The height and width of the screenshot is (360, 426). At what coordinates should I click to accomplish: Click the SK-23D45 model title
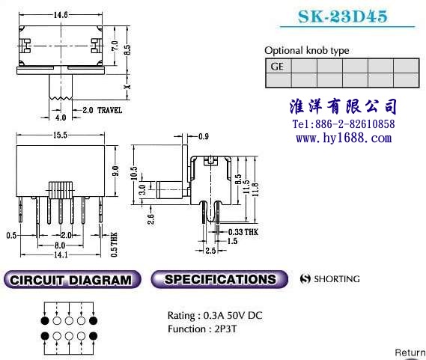coord(342,16)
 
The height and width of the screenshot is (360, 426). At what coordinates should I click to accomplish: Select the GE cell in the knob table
coord(279,66)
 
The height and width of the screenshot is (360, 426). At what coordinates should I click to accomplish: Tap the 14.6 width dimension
coord(61,15)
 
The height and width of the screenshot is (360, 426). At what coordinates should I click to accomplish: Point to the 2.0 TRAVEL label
coord(102,110)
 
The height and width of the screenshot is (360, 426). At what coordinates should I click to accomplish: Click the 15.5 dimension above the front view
coord(60,135)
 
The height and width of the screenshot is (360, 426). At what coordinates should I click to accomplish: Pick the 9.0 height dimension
coord(116,171)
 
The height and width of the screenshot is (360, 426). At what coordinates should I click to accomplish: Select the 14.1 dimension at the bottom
coord(61,254)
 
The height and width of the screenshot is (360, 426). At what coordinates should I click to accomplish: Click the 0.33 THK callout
coord(243,232)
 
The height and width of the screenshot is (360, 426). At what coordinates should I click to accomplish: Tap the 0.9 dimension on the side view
coord(204,136)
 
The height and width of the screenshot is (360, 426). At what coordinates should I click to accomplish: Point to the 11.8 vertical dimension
coord(255,189)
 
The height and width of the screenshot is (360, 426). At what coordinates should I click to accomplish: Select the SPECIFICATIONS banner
coord(219,279)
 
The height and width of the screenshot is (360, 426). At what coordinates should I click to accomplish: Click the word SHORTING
coord(337,279)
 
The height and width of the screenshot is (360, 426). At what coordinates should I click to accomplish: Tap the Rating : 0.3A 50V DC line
coord(215,315)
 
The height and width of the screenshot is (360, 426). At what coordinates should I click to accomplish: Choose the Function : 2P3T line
coord(202,329)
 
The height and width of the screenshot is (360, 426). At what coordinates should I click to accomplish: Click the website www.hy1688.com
coord(344,138)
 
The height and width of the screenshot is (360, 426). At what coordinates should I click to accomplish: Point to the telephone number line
coord(344,124)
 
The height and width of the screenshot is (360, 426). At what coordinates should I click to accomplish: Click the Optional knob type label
coord(307,51)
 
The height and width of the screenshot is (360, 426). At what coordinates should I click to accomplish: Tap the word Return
coord(410,353)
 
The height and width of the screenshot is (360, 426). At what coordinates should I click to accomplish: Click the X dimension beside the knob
coord(127,87)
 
